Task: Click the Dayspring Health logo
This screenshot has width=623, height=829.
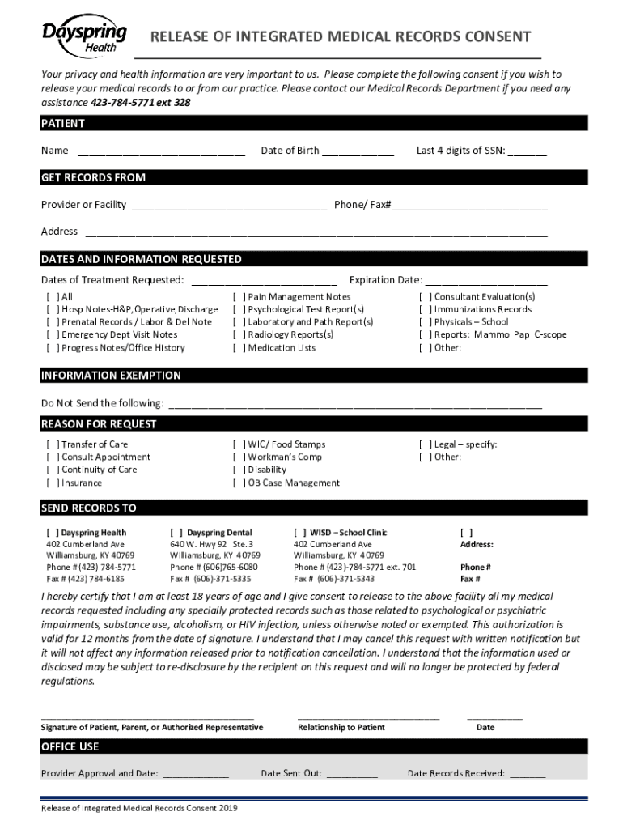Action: [84, 36]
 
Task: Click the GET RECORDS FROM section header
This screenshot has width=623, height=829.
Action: [94, 177]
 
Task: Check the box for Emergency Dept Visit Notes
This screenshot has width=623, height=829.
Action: [53, 334]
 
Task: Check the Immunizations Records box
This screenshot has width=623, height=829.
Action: [425, 309]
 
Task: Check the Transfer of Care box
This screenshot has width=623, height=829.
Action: [53, 444]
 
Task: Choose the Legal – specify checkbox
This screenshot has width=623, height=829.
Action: [425, 444]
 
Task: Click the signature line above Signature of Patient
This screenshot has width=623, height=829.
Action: [147, 716]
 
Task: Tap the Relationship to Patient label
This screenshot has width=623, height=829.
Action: [341, 727]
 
